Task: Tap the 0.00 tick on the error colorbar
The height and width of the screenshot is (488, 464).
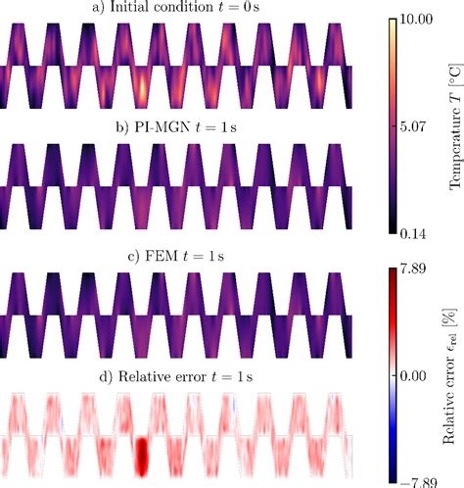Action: click(418, 375)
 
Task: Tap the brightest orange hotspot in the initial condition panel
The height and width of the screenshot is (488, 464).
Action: click(143, 90)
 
